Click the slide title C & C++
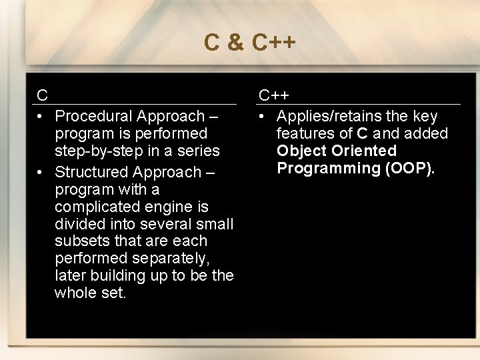pyautogui.click(x=249, y=43)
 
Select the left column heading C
pyautogui.click(x=42, y=95)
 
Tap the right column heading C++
pyautogui.click(x=274, y=95)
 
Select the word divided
pyautogui.click(x=80, y=224)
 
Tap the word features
pyautogui.click(x=307, y=133)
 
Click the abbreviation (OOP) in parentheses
pyautogui.click(x=410, y=168)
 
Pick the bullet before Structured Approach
pyautogui.click(x=41, y=172)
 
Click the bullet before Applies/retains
pyautogui.click(x=263, y=117)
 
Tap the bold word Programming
pyautogui.click(x=329, y=168)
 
